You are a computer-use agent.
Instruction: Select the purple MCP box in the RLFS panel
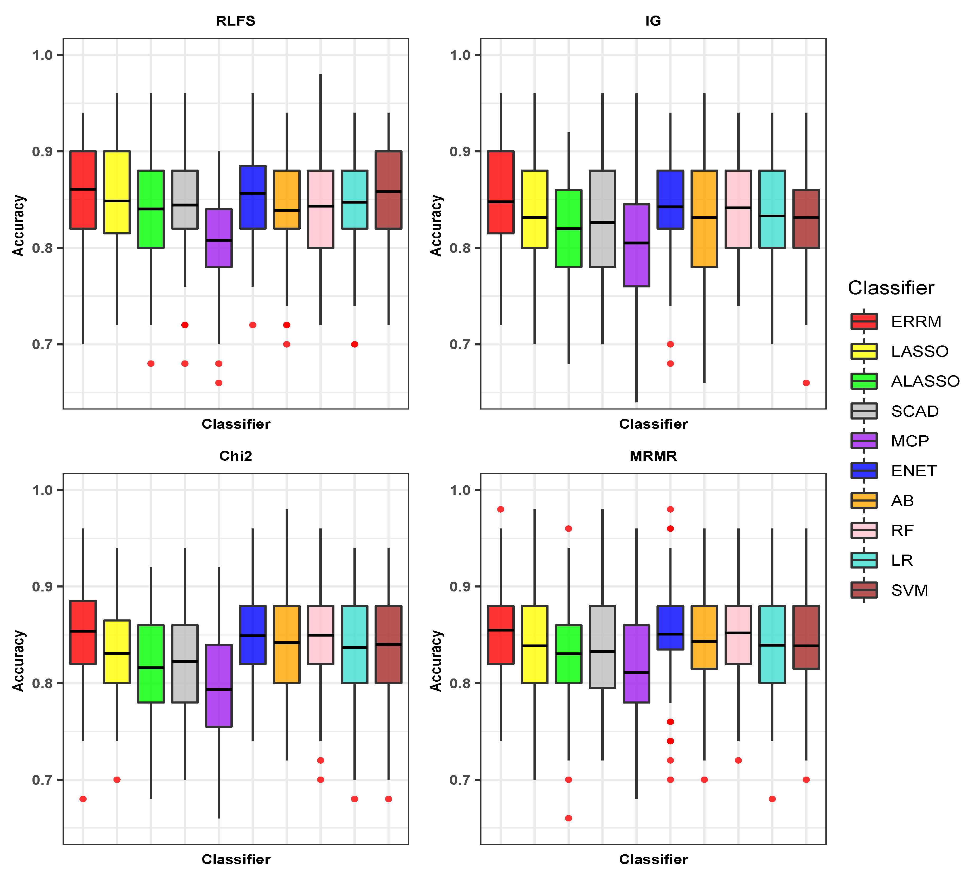pyautogui.click(x=219, y=238)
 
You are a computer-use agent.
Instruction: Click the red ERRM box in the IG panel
pyautogui.click(x=500, y=192)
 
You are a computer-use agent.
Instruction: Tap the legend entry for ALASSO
pyautogui.click(x=925, y=381)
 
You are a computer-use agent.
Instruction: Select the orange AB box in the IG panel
pyautogui.click(x=704, y=219)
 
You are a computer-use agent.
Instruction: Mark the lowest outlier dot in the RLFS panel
pyautogui.click(x=219, y=383)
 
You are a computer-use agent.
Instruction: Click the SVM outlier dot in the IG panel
pyautogui.click(x=806, y=383)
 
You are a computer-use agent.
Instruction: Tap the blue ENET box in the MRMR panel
pyautogui.click(x=670, y=628)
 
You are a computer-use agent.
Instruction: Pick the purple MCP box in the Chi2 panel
pyautogui.click(x=219, y=685)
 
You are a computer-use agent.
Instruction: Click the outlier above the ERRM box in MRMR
pyautogui.click(x=500, y=509)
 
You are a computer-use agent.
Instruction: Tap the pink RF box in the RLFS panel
pyautogui.click(x=321, y=209)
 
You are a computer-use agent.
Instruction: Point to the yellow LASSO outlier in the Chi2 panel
pyautogui.click(x=117, y=779)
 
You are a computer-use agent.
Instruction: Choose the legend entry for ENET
pyautogui.click(x=913, y=471)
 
